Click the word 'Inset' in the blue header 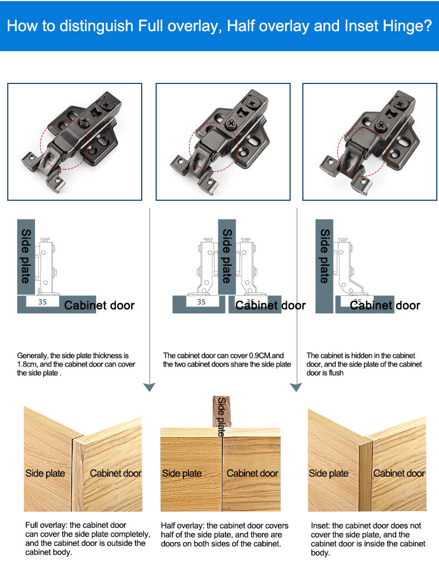point(363,26)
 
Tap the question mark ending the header point(427,26)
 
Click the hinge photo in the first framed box point(74,142)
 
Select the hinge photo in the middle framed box point(223,142)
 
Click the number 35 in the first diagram point(42,303)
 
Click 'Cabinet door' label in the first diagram point(99,305)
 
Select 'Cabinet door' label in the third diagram point(385,305)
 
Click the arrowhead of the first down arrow point(149,387)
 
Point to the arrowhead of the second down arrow point(296,387)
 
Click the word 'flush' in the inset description point(336,373)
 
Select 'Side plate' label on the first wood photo point(45,473)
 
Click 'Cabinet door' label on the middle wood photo point(252,473)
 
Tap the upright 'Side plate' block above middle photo point(222,412)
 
